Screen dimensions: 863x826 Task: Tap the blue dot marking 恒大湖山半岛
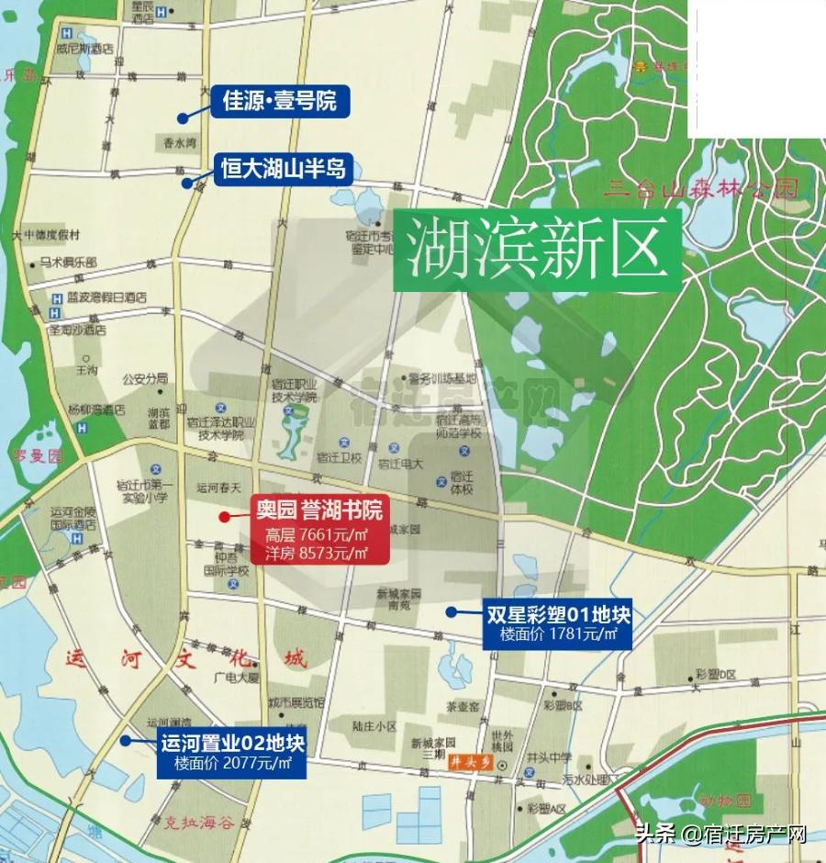pyautogui.click(x=187, y=183)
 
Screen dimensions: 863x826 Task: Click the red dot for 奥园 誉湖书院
pyautogui.click(x=224, y=517)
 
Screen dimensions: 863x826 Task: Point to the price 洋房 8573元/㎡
pyautogui.click(x=317, y=553)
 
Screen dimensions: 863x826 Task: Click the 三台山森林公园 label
pyautogui.click(x=703, y=191)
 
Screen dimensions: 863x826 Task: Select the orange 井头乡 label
pyautogui.click(x=465, y=762)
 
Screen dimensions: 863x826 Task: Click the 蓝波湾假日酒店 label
pyautogui.click(x=106, y=297)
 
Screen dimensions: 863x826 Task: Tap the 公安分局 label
pyautogui.click(x=145, y=377)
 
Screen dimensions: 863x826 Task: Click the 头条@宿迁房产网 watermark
pyautogui.click(x=720, y=835)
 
